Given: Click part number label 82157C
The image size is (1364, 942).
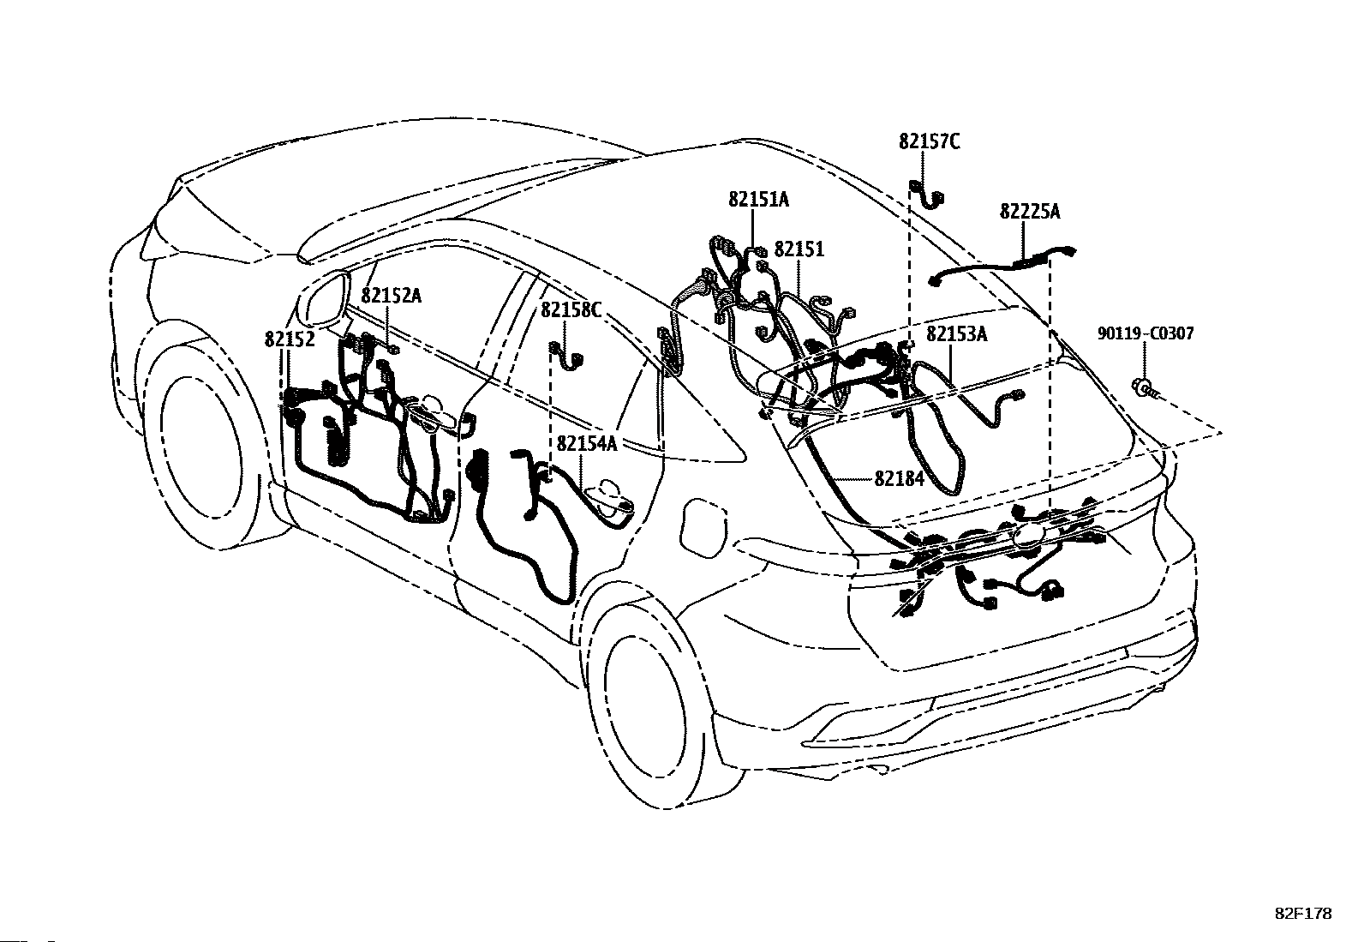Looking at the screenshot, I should (x=929, y=141).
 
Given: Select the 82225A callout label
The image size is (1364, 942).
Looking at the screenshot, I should (x=1029, y=212).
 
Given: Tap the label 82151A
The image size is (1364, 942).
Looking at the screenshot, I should (x=758, y=200).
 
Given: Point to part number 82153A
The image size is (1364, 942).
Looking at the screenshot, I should (x=956, y=334).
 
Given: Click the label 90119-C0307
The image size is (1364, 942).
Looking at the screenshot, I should (x=1146, y=333).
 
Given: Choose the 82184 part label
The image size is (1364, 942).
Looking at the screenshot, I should (x=899, y=478).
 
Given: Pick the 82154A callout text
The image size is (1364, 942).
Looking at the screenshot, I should (x=587, y=443).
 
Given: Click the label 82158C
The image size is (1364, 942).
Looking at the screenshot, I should (x=571, y=309).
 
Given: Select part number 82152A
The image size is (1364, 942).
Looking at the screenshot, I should (x=391, y=296).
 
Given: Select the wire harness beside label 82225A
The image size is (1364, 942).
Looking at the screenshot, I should (x=1002, y=267).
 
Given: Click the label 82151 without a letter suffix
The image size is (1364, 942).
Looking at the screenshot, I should (x=799, y=249).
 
